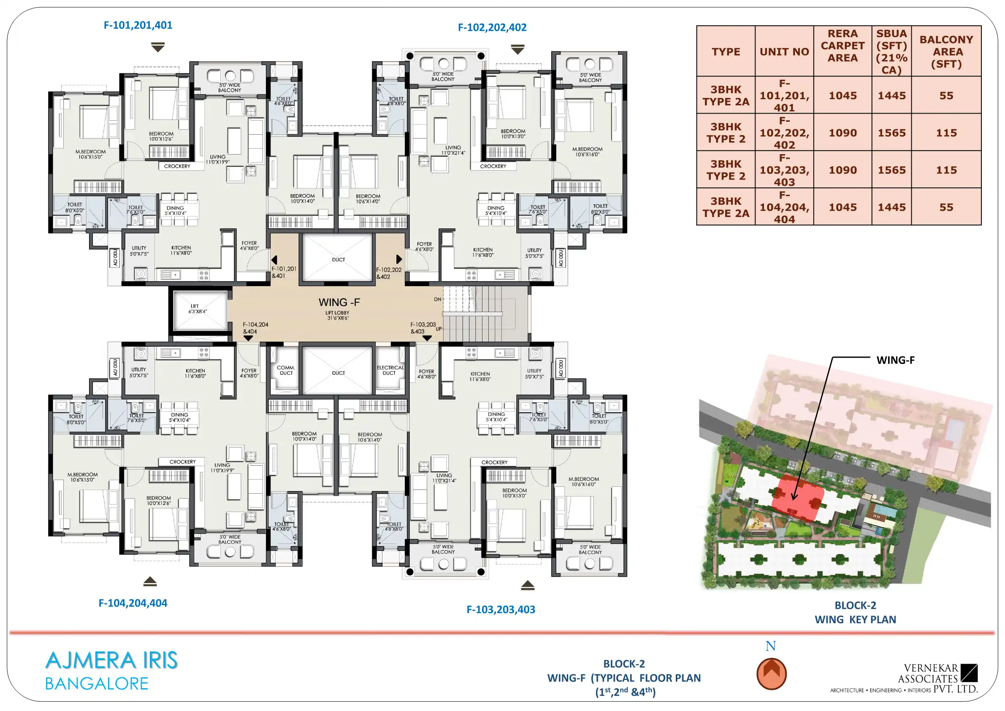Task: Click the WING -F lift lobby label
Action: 339,302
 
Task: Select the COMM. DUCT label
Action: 286,370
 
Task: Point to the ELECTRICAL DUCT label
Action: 390,370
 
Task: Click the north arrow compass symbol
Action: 771,674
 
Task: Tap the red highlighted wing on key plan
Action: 797,498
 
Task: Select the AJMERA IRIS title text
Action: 111,660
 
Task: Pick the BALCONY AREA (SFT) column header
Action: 946,52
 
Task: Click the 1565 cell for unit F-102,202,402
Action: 891,133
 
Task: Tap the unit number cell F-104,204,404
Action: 784,207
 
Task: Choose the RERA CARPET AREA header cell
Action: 842,46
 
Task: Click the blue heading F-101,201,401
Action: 138,25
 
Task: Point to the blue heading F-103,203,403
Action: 501,609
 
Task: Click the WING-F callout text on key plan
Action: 895,360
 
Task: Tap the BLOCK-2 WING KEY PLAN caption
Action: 855,613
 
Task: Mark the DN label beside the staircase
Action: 437,299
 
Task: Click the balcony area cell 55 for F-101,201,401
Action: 946,95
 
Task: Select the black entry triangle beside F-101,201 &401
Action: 274,260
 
